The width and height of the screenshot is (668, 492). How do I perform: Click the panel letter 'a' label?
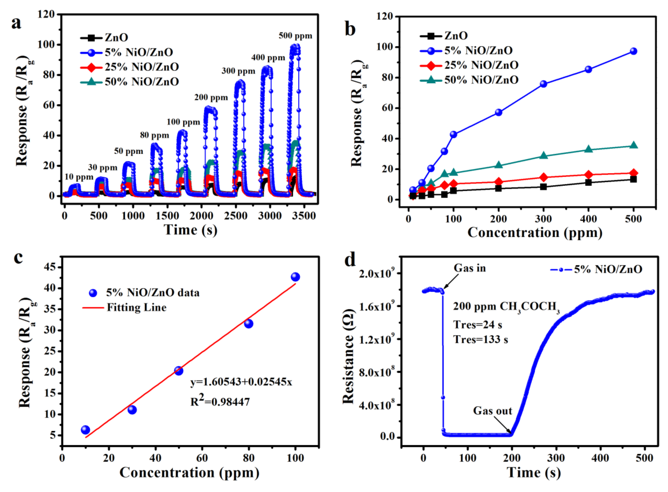coord(16,23)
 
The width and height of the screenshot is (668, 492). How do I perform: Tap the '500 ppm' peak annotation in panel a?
coord(295,36)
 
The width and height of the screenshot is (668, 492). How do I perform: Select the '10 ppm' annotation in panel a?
coord(79,177)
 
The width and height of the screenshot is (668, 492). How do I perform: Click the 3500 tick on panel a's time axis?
coord(304,216)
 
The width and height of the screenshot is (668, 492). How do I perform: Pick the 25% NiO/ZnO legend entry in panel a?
coord(141,67)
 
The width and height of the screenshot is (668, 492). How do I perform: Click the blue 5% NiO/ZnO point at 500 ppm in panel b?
coord(633,51)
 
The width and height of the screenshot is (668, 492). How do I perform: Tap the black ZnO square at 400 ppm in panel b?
coord(588,182)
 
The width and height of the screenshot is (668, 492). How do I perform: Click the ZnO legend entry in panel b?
coord(455,36)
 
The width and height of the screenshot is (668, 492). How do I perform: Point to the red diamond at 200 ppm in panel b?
coord(498,182)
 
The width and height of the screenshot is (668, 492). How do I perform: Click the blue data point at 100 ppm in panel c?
coord(295,277)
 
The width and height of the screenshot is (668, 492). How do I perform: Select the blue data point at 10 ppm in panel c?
coord(85,430)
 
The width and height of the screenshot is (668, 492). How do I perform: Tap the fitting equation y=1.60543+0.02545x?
coord(241,382)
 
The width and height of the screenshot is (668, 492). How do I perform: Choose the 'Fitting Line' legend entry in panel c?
coord(136,307)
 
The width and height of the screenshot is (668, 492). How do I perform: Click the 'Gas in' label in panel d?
coord(470,268)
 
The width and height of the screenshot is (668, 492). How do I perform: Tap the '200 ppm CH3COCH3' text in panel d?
coord(506,307)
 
